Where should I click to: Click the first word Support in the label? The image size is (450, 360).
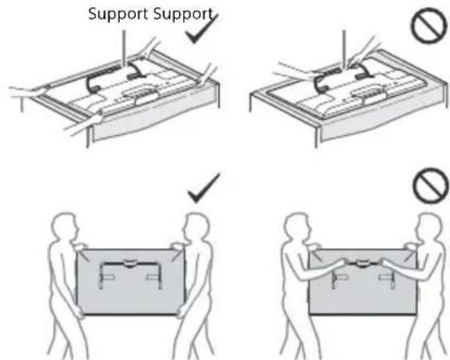coord(119,14)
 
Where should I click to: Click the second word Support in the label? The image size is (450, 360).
coord(184,14)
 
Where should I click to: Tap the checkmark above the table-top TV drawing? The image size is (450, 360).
coord(202,30)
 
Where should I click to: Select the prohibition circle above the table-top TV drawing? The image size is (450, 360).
coord(430,26)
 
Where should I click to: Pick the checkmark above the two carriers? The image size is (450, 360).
coord(203,188)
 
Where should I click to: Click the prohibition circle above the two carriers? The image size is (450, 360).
coord(431,185)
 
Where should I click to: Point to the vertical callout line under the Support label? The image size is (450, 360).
coord(124,49)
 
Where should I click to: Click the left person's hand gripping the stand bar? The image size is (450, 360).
coord(342,262)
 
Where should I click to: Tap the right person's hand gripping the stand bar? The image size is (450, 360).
coord(384,262)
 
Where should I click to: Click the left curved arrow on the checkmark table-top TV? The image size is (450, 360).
coord(92,83)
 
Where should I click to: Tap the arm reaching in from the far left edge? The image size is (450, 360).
coord(27,91)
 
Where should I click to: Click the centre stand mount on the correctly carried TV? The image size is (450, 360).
coord(130,263)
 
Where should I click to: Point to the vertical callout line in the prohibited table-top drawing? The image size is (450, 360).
coord(345,48)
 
